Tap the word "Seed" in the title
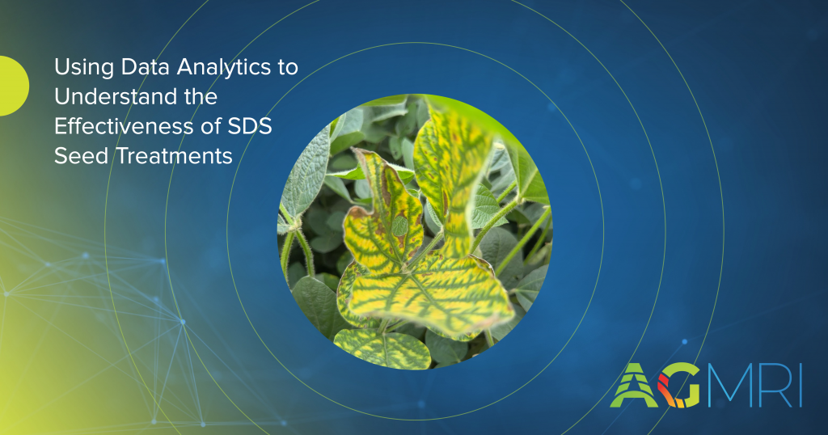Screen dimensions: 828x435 pos(82,156)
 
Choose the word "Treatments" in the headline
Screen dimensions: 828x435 pos(175,156)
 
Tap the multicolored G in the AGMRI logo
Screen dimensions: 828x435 pos(679,386)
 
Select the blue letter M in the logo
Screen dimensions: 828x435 pos(727,386)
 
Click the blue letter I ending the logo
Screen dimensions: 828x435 pos(800,386)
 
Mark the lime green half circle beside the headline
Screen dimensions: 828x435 pos(13,86)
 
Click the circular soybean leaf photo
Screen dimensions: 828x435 pos(415,231)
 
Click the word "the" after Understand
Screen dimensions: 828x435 pos(201,96)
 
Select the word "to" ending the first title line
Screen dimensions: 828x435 pos(289,68)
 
